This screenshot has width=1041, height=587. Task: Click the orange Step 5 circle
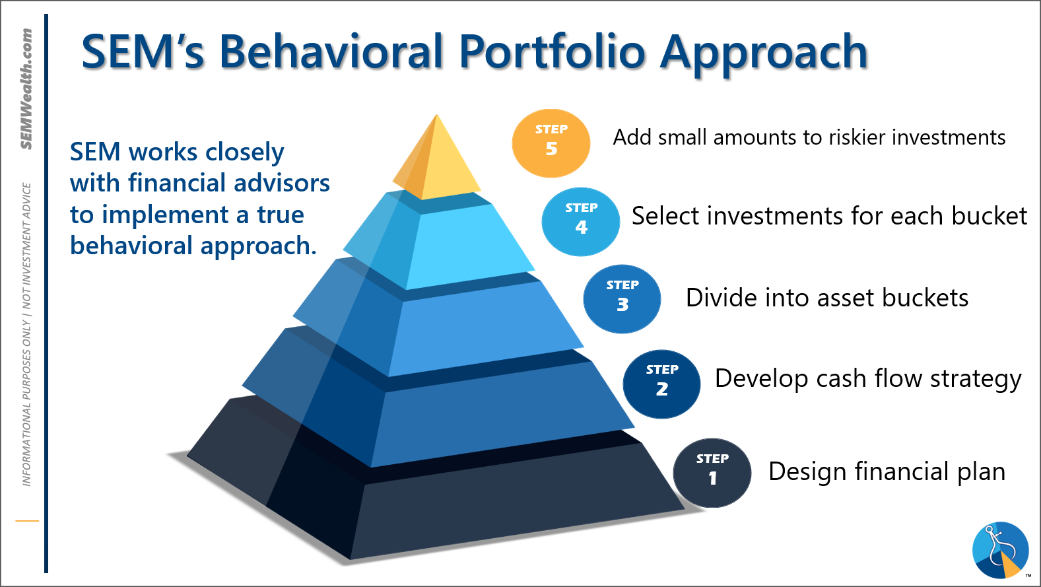click(x=551, y=143)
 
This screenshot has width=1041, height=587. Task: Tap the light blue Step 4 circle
click(x=581, y=221)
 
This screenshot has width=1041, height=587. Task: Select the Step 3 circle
click(x=622, y=299)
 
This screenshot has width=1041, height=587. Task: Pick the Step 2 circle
click(x=662, y=384)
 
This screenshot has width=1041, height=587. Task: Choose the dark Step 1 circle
click(x=712, y=473)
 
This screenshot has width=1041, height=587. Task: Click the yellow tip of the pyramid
click(x=437, y=158)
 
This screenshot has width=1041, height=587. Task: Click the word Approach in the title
click(x=764, y=55)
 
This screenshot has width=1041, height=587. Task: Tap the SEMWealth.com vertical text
click(x=26, y=88)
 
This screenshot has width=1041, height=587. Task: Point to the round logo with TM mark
click(x=1001, y=550)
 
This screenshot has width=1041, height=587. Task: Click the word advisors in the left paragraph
click(x=282, y=183)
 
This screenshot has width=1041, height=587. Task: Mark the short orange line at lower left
click(x=27, y=521)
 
